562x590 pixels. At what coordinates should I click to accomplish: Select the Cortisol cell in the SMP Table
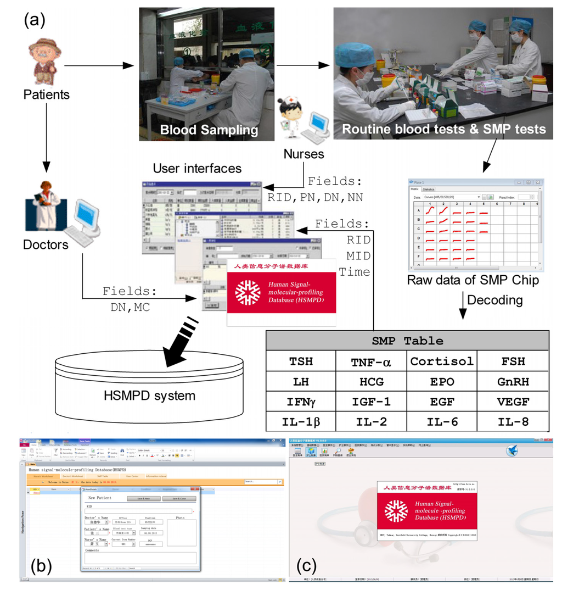(442, 361)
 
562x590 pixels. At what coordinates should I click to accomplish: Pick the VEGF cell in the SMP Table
(513, 402)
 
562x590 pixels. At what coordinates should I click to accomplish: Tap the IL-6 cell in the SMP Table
(442, 422)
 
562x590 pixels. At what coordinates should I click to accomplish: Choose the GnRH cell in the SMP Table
(513, 381)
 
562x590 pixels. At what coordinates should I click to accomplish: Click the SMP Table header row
(407, 341)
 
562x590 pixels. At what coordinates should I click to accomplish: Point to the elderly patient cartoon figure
(45, 60)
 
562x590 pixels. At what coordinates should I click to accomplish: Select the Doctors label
(46, 244)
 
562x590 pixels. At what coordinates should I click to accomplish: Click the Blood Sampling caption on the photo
(209, 130)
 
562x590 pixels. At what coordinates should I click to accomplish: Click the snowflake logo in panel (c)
(396, 510)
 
